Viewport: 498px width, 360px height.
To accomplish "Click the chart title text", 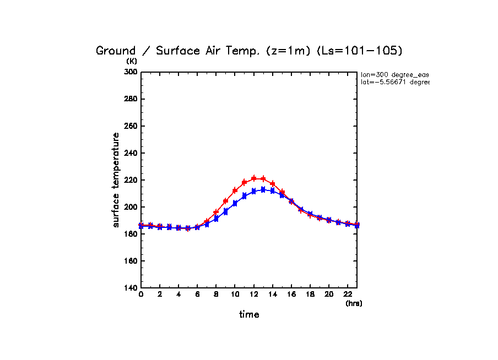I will click(249, 51).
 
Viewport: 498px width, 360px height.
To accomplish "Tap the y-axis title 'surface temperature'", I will click(116, 179).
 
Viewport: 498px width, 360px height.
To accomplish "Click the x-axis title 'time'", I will click(249, 314).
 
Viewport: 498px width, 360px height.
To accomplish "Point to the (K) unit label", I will click(132, 61).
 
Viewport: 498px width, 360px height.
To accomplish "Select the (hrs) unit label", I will click(353, 303).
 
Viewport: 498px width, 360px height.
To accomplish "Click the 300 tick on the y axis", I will click(130, 72).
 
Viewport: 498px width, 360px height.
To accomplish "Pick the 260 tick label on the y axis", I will click(130, 126).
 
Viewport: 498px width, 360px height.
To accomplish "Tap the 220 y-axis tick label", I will click(130, 180).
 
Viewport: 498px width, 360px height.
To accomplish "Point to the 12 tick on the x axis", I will click(253, 294).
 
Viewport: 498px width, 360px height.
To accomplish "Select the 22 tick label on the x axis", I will click(348, 294).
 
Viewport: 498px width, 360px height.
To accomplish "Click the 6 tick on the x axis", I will click(197, 294).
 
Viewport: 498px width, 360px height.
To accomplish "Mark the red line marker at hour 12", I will click(254, 178).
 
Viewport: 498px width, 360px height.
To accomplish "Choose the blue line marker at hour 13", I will click(263, 189).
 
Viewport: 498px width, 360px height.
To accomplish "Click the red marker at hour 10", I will click(235, 190).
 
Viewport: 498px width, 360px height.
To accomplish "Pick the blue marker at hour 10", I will click(235, 203).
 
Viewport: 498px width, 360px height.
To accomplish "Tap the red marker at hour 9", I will click(225, 201).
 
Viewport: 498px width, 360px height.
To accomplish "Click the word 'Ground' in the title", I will click(115, 51).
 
